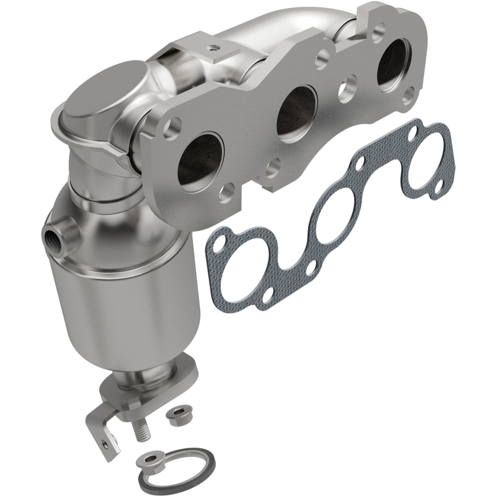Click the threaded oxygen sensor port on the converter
(51, 236)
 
